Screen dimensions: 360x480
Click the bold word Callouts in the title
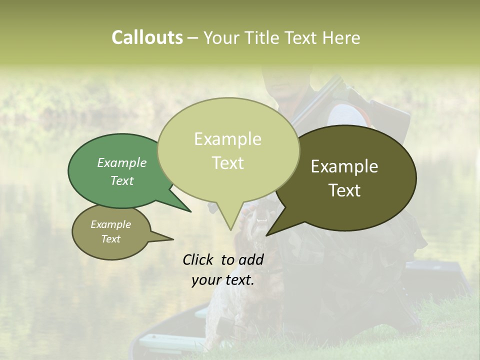(x=147, y=37)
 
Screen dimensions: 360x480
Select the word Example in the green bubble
(x=122, y=162)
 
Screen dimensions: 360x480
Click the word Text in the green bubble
(x=122, y=180)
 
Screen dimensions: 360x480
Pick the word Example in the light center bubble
(x=227, y=139)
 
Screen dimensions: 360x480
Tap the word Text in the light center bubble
(x=227, y=163)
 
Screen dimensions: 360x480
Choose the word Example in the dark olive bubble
(x=344, y=166)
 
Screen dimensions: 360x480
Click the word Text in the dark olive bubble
(x=344, y=190)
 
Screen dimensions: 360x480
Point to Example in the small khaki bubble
(x=111, y=224)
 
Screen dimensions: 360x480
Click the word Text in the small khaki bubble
(x=111, y=239)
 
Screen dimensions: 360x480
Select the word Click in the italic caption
(x=198, y=259)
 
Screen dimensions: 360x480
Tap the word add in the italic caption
(x=251, y=259)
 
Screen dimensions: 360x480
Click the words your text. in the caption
(x=223, y=280)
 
